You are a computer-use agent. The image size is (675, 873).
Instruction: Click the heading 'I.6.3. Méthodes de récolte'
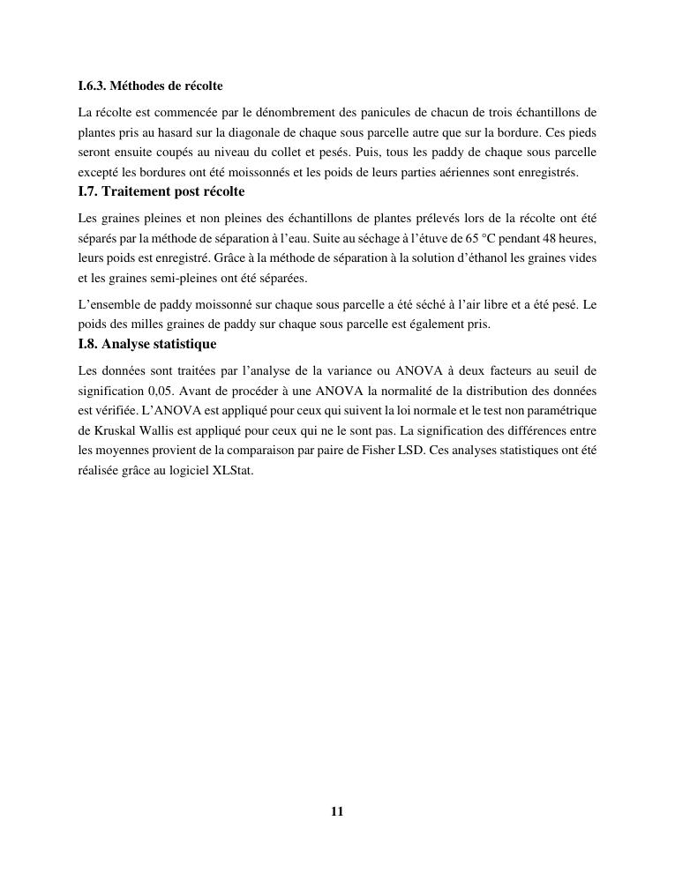(x=150, y=86)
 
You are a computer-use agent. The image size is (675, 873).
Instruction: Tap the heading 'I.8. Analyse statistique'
(x=147, y=343)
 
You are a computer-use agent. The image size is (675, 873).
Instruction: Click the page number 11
(x=337, y=811)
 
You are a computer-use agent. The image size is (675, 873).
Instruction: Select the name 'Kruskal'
(x=118, y=430)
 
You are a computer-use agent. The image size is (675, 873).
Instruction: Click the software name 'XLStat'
(x=233, y=471)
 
